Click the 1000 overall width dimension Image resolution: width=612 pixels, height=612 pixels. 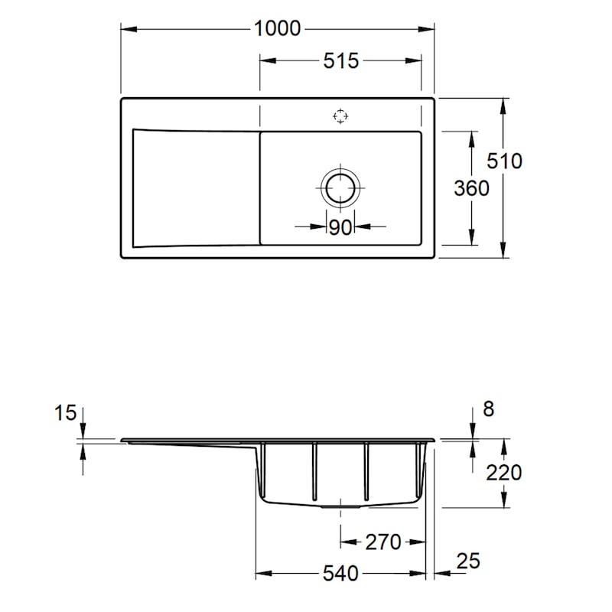point(277,28)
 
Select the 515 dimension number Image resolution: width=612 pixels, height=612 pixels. point(340,61)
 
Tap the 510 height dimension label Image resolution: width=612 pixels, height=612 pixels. point(504,161)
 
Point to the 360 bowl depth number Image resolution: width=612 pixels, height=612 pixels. point(471,188)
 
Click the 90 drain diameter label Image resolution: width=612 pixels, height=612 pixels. point(340,227)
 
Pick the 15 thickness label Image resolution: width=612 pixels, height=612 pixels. point(65,413)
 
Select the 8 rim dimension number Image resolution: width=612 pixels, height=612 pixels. point(489,409)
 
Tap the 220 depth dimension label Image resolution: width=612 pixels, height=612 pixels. point(503,473)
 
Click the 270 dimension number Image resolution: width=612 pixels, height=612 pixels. point(383,542)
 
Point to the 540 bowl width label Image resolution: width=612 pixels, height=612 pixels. point(340,574)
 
